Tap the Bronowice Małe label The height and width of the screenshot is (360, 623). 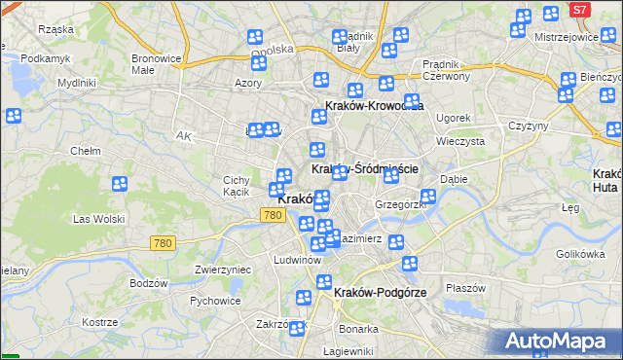coord(157,64)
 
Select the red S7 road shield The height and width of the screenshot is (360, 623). coord(579,9)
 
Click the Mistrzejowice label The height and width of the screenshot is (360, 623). coord(566,37)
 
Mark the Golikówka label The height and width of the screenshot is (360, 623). coord(581,254)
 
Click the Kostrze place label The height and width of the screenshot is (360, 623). coord(100,321)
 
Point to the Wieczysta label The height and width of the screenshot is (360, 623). coord(461,140)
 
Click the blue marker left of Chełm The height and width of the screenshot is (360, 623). coord(14,117)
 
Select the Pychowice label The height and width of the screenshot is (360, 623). coord(215,301)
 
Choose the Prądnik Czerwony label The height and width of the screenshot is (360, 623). coord(447,69)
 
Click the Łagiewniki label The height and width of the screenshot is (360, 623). coord(348,351)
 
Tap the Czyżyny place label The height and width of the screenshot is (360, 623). coord(529,126)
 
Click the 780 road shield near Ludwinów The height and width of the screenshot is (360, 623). coord(272,214)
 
